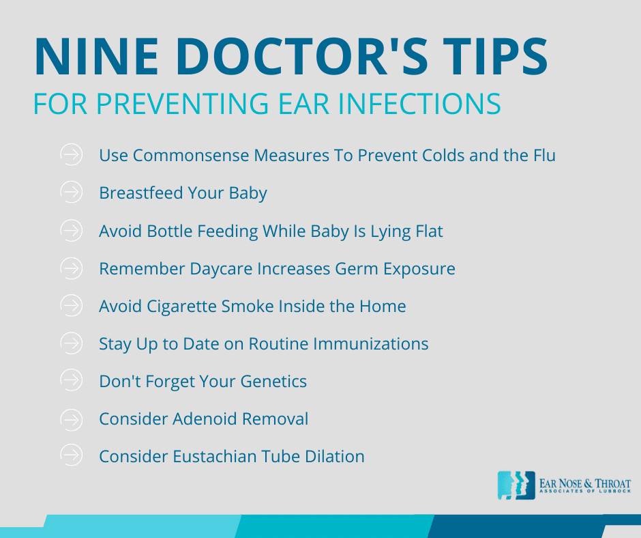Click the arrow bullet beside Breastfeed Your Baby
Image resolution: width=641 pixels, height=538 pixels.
pos(71,193)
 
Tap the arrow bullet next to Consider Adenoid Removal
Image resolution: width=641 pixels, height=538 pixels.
pos(71,419)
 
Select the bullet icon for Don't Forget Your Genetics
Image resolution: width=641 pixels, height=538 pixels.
pos(71,381)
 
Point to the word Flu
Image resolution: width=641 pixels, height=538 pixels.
pos(543,156)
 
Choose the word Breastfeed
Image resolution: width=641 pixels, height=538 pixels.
pos(139,193)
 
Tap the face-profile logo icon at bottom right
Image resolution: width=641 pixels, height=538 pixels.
pos(516,485)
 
